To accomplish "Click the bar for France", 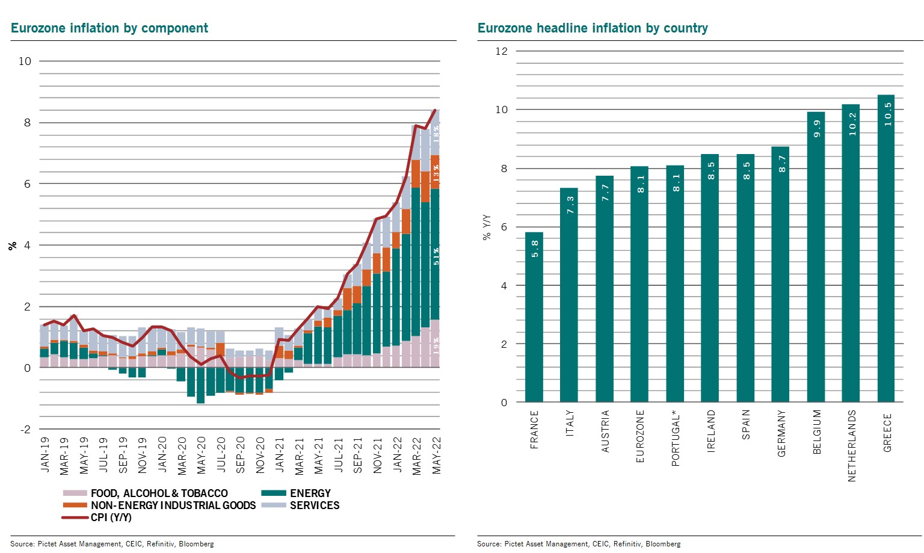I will (534, 317).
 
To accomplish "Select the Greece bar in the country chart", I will (886, 249).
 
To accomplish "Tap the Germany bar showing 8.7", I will (780, 274).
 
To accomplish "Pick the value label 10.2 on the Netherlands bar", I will (852, 125).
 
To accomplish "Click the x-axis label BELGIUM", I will (817, 432).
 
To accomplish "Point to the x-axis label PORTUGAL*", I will (676, 439).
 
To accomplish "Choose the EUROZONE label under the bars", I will (640, 436).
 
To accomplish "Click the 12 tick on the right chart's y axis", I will (502, 52).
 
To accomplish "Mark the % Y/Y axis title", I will (487, 227).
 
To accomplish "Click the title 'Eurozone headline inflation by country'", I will (593, 28).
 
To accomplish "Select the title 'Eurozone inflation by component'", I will (109, 28).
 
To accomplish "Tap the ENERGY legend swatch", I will (274, 493).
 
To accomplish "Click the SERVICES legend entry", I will (314, 505).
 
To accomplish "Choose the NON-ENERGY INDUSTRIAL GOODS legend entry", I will (173, 505).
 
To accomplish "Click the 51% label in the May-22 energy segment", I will (436, 256).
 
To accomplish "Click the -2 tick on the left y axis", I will (25, 430).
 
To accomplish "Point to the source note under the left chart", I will (112, 544).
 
